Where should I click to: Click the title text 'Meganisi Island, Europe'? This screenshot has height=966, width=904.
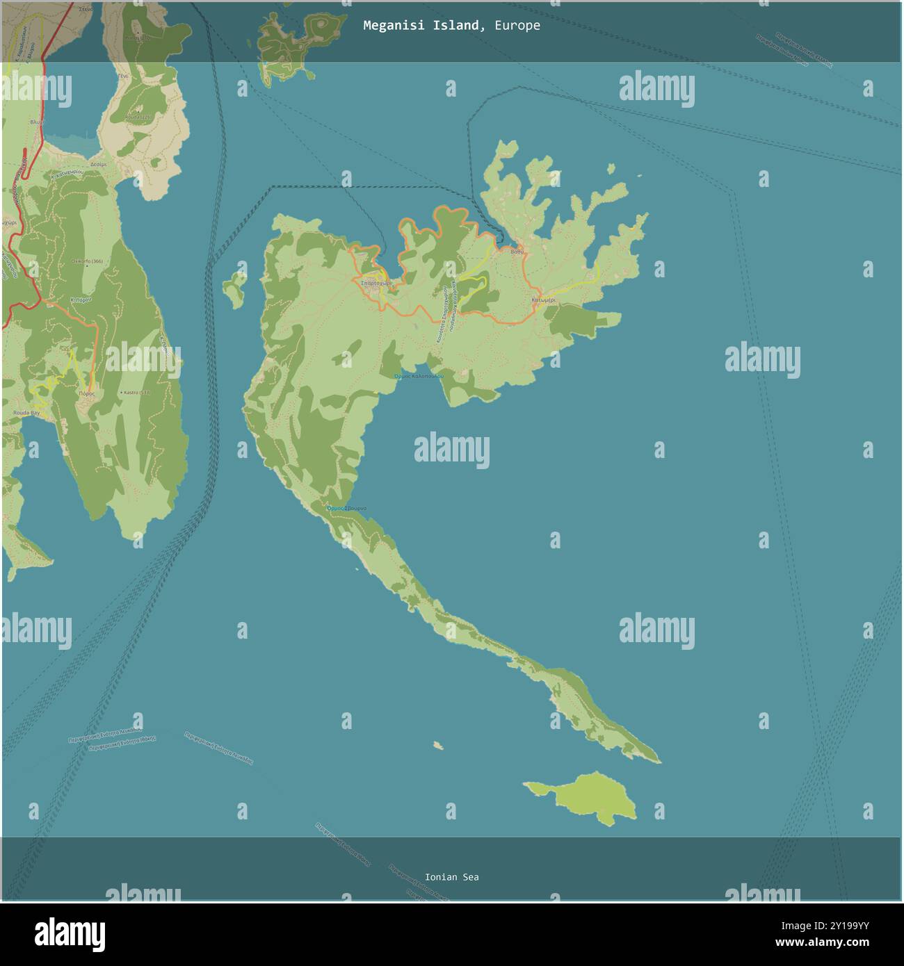pyautogui.click(x=451, y=26)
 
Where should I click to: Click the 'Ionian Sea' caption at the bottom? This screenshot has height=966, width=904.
pyautogui.click(x=451, y=877)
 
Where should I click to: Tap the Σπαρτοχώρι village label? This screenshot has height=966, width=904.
pyautogui.click(x=376, y=284)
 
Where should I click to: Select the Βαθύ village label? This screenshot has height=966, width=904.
pyautogui.click(x=516, y=252)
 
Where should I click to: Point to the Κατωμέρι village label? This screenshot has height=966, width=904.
pyautogui.click(x=543, y=300)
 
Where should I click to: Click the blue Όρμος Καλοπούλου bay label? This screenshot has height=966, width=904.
pyautogui.click(x=419, y=376)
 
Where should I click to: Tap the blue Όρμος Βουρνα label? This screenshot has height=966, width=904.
pyautogui.click(x=346, y=509)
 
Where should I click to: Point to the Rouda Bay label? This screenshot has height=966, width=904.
pyautogui.click(x=26, y=413)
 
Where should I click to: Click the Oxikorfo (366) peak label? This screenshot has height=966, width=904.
pyautogui.click(x=87, y=261)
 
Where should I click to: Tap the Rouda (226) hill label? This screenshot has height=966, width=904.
pyautogui.click(x=138, y=117)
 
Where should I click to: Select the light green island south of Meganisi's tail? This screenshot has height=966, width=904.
pyautogui.click(x=588, y=798)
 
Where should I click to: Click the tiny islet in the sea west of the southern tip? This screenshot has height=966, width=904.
pyautogui.click(x=438, y=746)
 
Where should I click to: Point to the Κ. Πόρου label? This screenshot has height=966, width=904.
pyautogui.click(x=81, y=300)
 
